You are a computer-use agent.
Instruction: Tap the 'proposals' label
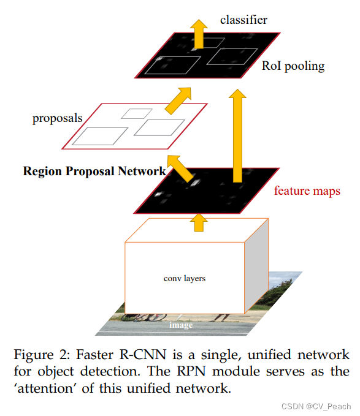tap(57, 118)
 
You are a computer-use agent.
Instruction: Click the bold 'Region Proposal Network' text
tap(94, 171)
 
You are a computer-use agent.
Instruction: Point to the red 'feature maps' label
tap(307, 191)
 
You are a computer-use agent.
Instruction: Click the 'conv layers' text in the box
tap(185, 278)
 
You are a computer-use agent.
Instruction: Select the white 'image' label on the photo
tap(181, 325)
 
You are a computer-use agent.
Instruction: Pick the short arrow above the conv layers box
tap(198, 221)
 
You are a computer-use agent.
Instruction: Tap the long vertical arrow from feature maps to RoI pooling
tap(236, 135)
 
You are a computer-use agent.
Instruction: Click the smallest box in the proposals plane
tap(136, 113)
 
